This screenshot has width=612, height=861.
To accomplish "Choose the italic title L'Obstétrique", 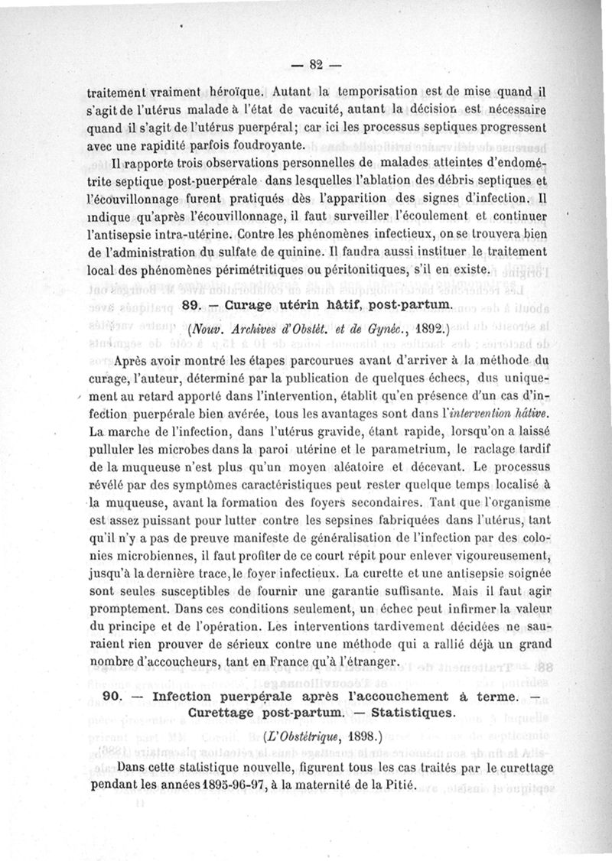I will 303,739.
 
